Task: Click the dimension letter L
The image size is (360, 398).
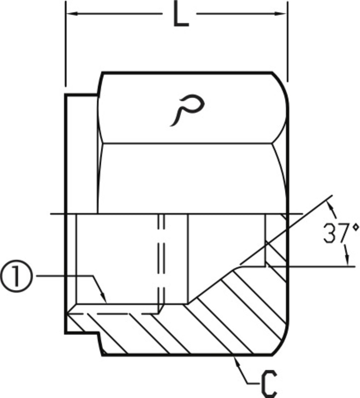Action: click(x=180, y=13)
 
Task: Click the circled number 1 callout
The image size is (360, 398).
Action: click(x=16, y=276)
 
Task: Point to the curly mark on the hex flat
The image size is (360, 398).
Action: click(x=187, y=110)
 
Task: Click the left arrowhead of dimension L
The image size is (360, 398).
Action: click(x=72, y=13)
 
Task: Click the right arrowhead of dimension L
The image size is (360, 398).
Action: click(x=281, y=13)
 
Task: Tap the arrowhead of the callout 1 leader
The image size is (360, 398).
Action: click(x=103, y=298)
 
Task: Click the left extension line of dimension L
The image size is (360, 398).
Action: click(x=66, y=44)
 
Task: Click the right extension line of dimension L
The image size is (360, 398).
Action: click(x=287, y=42)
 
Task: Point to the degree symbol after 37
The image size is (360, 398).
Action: click(x=356, y=228)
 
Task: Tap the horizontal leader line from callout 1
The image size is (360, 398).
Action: click(x=65, y=276)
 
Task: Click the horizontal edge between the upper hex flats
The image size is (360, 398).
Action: click(x=187, y=144)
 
